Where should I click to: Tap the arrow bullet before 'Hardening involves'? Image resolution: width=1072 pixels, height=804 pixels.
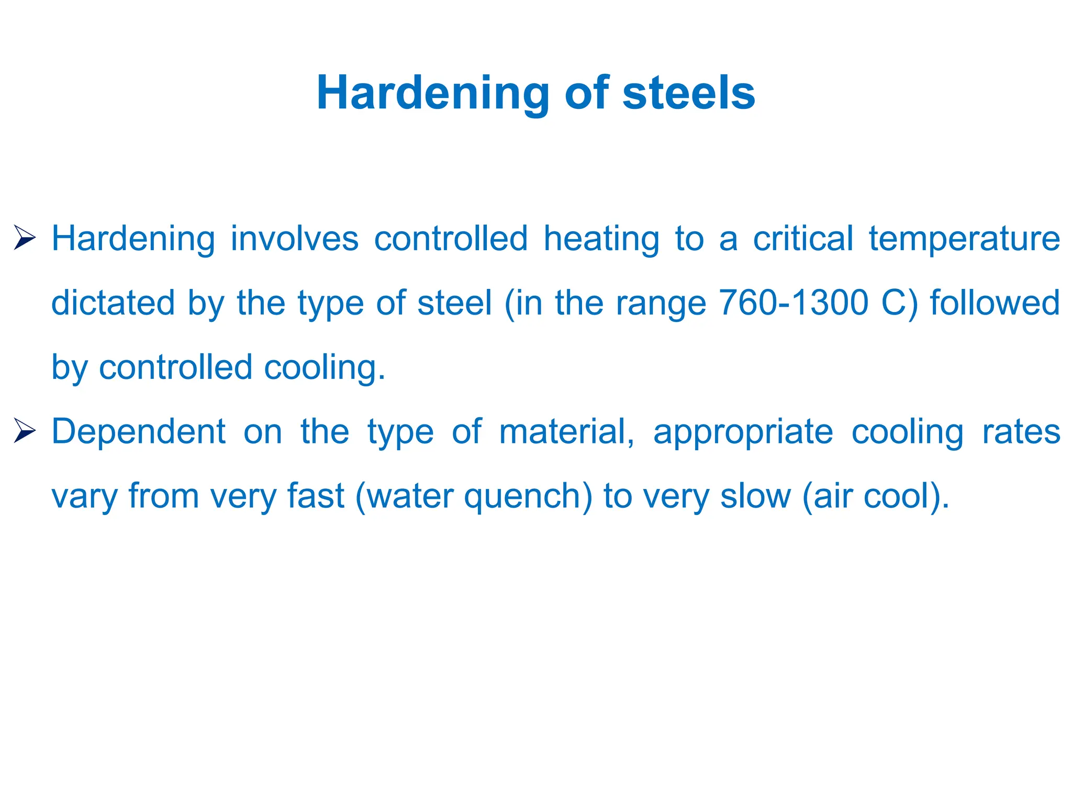point(25,238)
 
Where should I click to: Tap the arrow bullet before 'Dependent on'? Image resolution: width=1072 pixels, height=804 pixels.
point(25,431)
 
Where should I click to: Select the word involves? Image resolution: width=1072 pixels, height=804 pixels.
point(294,239)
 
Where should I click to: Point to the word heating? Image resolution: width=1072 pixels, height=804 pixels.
point(601,240)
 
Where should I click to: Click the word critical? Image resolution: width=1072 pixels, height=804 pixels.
point(803,239)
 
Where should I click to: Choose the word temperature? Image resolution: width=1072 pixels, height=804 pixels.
point(964,240)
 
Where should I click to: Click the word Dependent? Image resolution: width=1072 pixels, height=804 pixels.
point(139,432)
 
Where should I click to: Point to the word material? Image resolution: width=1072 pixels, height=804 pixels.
point(566,432)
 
